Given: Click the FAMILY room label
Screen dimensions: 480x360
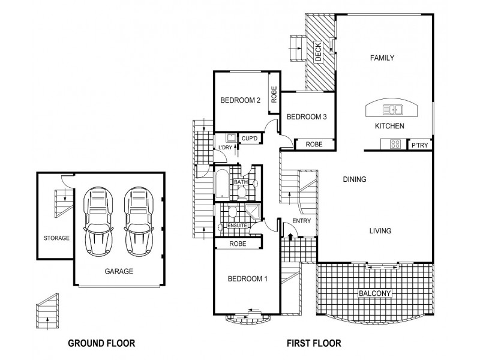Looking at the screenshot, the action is click(382, 58).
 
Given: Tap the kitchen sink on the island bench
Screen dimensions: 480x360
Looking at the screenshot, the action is click(393, 110).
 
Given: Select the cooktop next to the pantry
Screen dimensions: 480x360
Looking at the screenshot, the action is click(395, 144).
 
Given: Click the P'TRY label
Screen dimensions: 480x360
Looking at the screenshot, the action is click(419, 145).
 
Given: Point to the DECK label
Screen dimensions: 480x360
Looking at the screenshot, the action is click(318, 52).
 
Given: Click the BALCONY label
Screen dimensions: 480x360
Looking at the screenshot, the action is click(374, 293).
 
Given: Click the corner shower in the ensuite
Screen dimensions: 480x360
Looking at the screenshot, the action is click(253, 211).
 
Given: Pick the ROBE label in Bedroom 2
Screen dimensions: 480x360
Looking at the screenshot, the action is click(274, 94).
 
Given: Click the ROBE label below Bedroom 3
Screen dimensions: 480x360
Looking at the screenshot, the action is click(314, 144).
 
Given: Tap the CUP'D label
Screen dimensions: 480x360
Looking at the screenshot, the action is click(250, 139).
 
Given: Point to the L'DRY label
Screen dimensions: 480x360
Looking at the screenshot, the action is click(225, 148).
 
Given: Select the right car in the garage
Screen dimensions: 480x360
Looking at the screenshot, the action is click(139, 221).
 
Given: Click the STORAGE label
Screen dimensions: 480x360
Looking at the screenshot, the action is click(56, 238).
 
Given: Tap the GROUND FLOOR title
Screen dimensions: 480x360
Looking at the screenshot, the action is click(101, 343).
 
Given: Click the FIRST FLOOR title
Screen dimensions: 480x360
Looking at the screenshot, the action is click(314, 343).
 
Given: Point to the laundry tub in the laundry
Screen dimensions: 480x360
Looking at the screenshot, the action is click(231, 138).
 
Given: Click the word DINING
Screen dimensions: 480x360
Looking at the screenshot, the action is click(355, 179).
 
